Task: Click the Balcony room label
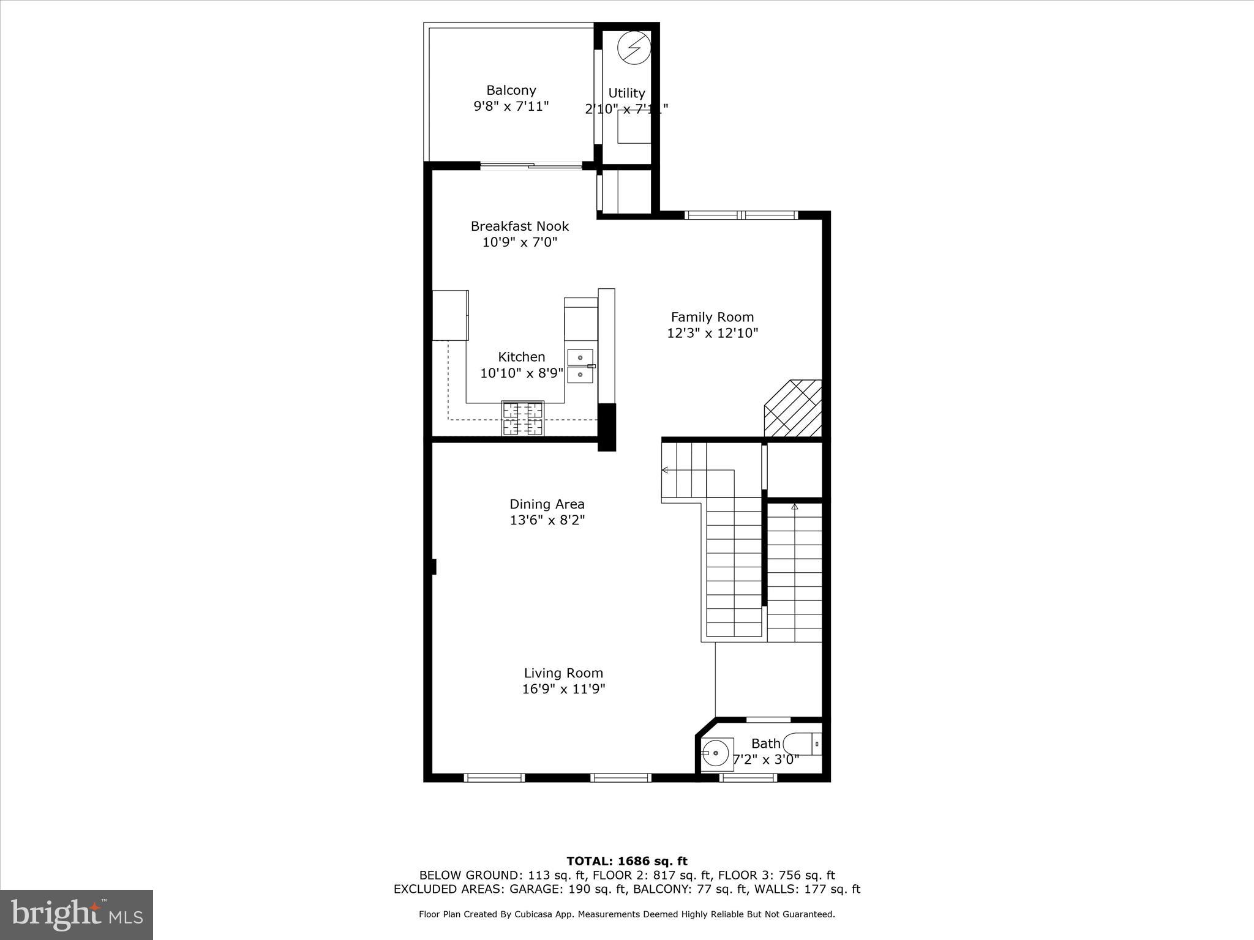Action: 511,91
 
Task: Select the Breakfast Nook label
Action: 520,226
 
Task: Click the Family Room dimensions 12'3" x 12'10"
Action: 712,334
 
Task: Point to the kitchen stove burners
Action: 523,418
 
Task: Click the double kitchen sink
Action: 580,366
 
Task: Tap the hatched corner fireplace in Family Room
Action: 794,408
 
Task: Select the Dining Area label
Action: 547,504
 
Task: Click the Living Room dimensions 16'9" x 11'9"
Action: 563,689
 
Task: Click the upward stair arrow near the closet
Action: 795,507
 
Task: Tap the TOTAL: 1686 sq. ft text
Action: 627,862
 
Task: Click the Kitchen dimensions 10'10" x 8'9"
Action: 521,373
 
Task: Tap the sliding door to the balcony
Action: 531,165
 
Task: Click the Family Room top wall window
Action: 741,215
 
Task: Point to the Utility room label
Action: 626,93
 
